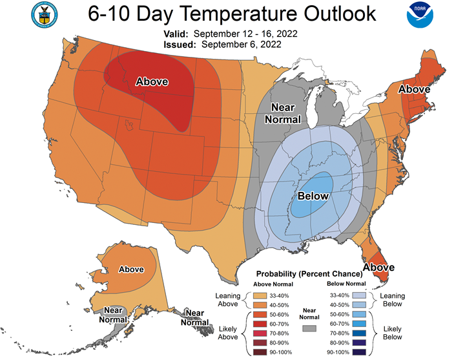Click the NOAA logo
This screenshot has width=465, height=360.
[420, 14]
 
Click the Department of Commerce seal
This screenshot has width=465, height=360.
[45, 15]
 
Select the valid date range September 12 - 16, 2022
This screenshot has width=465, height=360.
[245, 34]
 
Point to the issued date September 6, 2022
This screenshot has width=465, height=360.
[241, 45]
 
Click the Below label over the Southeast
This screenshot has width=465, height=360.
[313, 196]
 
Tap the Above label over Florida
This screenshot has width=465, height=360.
[378, 268]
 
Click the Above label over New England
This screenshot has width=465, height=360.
[414, 89]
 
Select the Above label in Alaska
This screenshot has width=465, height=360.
[131, 270]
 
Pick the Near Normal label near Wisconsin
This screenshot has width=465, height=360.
[283, 113]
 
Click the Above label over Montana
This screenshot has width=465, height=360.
[152, 81]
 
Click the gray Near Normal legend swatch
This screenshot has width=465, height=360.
[309, 328]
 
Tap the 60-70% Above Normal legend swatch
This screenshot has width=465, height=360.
[260, 324]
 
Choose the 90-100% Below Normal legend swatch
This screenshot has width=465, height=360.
[359, 352]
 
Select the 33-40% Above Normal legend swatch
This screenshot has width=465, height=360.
[260, 295]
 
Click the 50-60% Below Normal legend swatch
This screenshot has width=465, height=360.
[359, 314]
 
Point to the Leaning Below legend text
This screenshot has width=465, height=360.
[393, 300]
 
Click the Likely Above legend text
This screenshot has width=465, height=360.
[228, 333]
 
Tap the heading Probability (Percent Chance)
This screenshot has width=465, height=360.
[309, 274]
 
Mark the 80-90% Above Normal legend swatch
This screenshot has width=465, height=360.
[260, 343]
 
